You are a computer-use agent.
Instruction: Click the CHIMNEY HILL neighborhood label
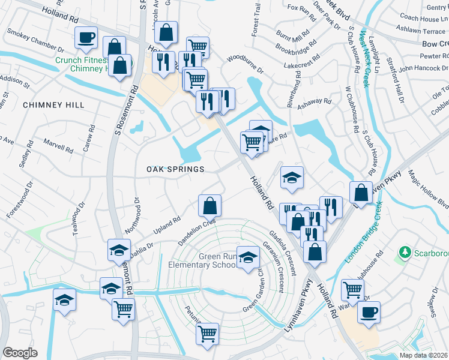[x=53, y=105]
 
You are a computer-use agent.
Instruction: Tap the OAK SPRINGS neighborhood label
[x=176, y=169]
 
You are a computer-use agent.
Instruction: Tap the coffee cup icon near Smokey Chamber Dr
[x=85, y=38]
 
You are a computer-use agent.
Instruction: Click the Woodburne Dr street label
[x=245, y=64]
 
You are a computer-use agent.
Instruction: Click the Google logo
[x=20, y=353]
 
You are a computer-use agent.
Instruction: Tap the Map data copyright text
[x=424, y=355]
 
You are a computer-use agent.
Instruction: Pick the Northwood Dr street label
[x=131, y=215]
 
